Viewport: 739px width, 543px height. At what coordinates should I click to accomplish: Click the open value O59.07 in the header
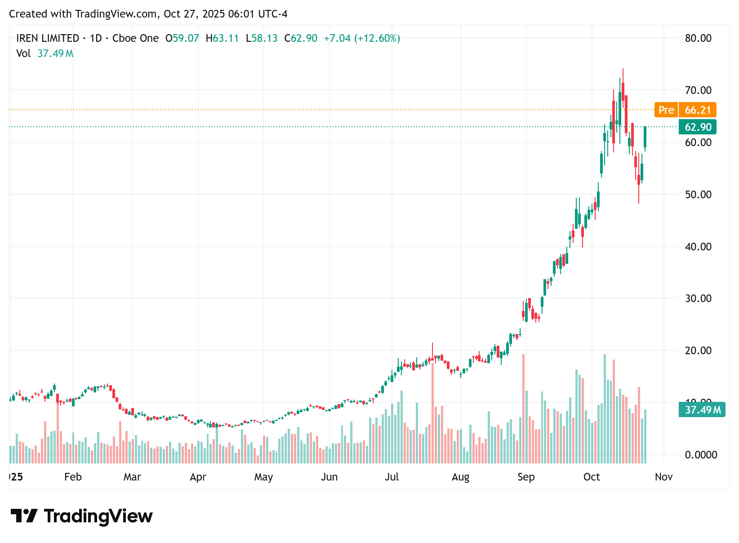183,38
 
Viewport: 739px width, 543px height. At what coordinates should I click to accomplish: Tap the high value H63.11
223,38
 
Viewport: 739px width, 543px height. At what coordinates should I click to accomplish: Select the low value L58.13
262,38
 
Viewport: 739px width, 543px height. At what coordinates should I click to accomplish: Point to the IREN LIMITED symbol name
48,38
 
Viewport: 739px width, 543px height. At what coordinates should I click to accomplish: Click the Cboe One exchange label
136,38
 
